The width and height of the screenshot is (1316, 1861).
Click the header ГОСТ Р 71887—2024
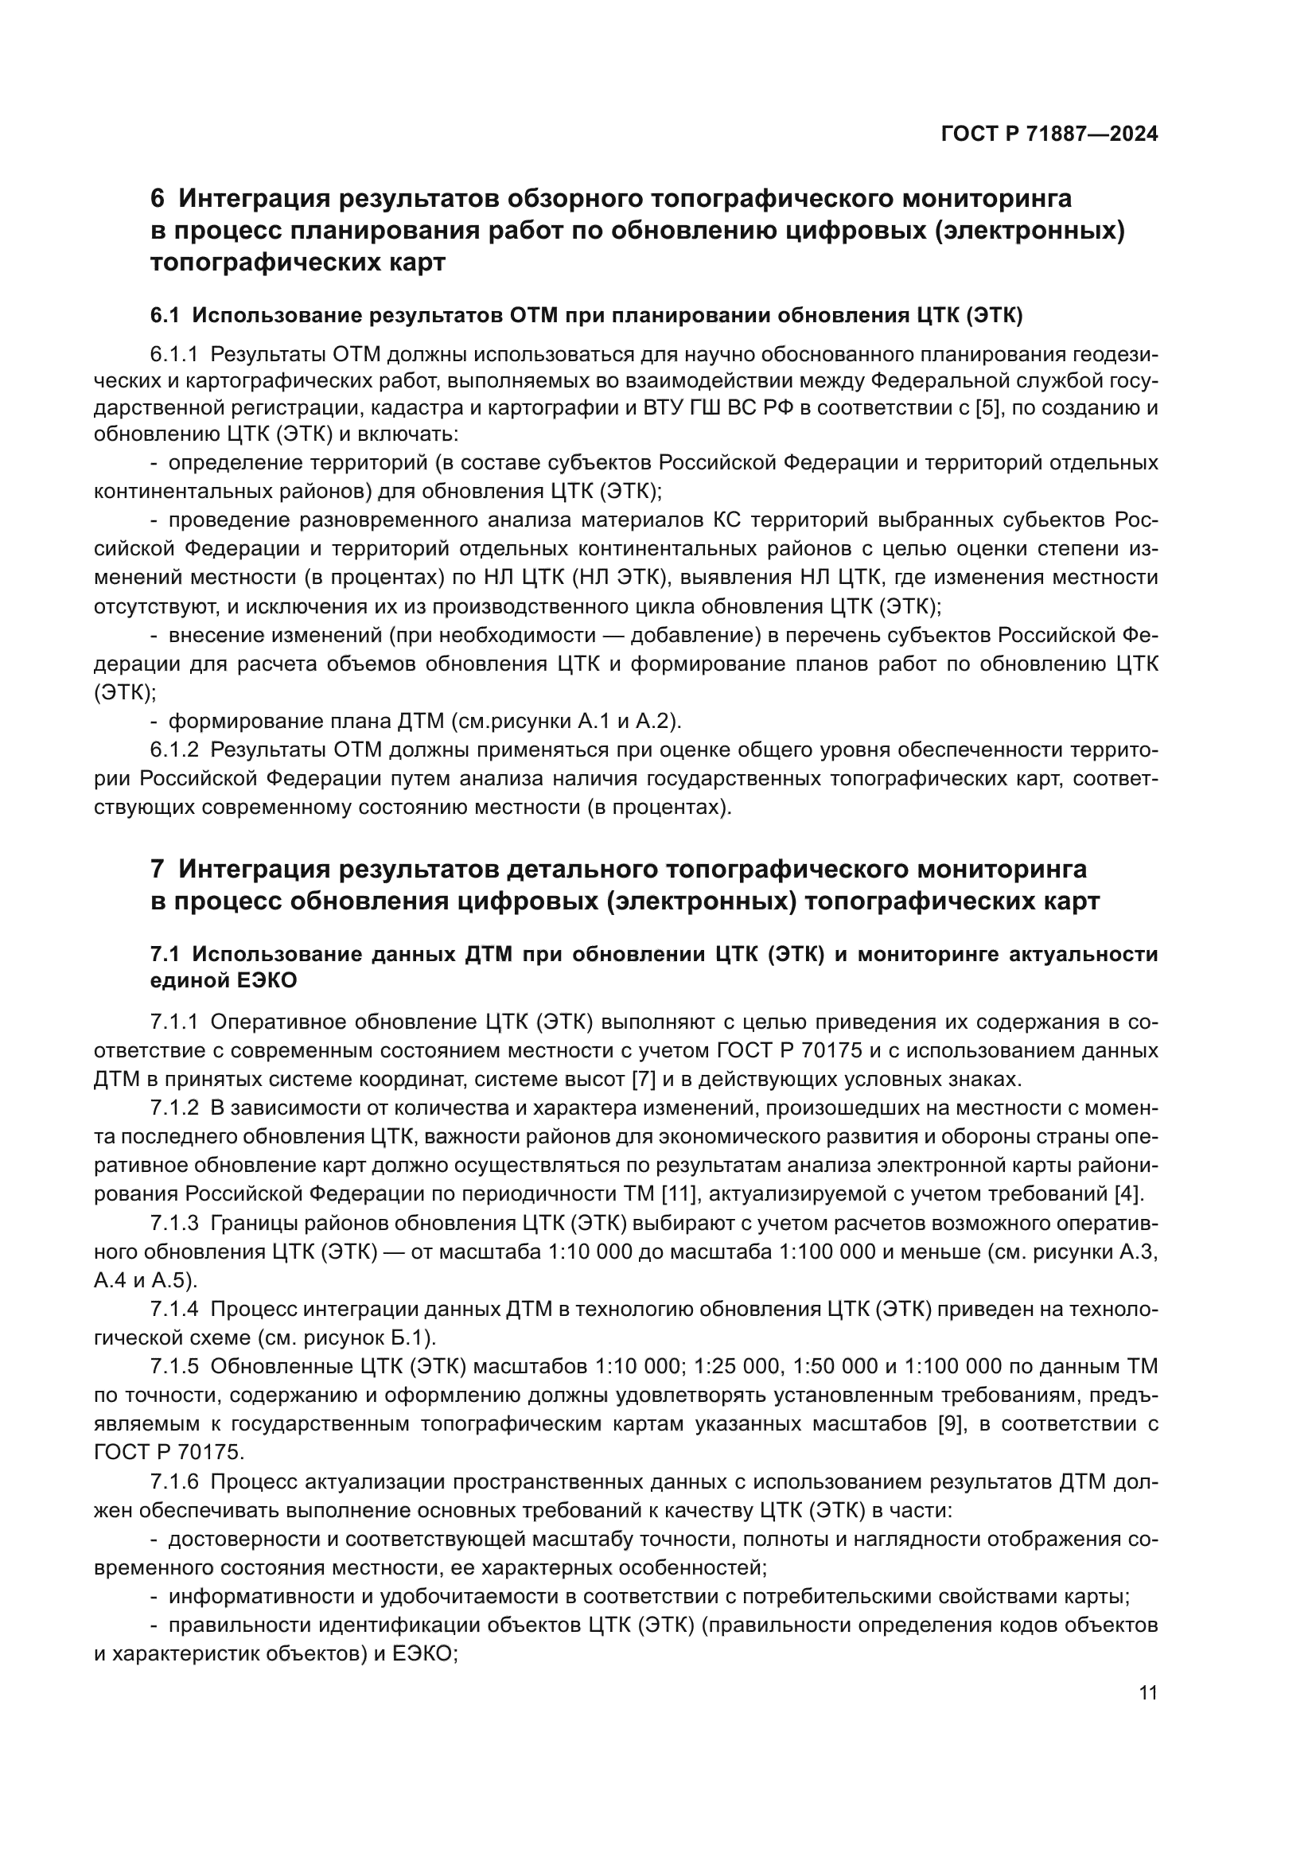1049,134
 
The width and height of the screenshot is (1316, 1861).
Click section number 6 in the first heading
158,198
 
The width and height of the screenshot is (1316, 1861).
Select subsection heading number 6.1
165,315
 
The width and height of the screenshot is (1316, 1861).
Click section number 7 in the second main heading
158,869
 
